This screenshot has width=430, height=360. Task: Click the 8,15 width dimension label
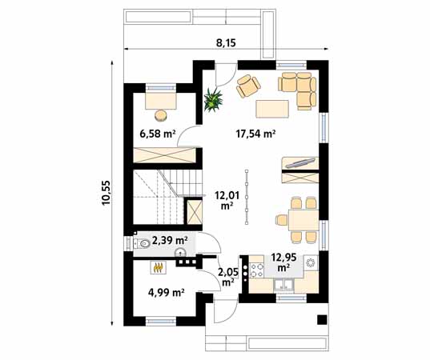click(227, 43)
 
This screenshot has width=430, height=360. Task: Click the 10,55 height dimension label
click(106, 192)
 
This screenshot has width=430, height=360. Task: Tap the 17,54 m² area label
click(255, 134)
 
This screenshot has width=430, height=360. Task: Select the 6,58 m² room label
click(158, 134)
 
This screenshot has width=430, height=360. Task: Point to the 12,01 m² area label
click(227, 201)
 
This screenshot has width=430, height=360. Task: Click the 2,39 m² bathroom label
click(170, 241)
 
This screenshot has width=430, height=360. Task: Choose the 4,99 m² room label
click(166, 293)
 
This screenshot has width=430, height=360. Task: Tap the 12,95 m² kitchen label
click(283, 262)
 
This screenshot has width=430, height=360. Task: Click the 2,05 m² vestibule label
click(228, 277)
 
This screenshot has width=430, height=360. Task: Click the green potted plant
click(213, 99)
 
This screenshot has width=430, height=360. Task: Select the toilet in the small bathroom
click(142, 243)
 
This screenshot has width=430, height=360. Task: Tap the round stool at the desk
click(160, 115)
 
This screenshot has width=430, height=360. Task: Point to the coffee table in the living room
click(272, 109)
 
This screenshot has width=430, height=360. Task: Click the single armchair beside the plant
click(248, 86)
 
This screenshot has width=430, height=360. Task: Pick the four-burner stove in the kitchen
click(256, 270)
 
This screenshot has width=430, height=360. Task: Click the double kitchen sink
click(284, 285)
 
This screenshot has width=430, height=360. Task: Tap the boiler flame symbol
click(159, 267)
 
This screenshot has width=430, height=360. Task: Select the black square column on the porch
click(322, 319)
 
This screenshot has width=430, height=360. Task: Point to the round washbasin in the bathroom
click(181, 252)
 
